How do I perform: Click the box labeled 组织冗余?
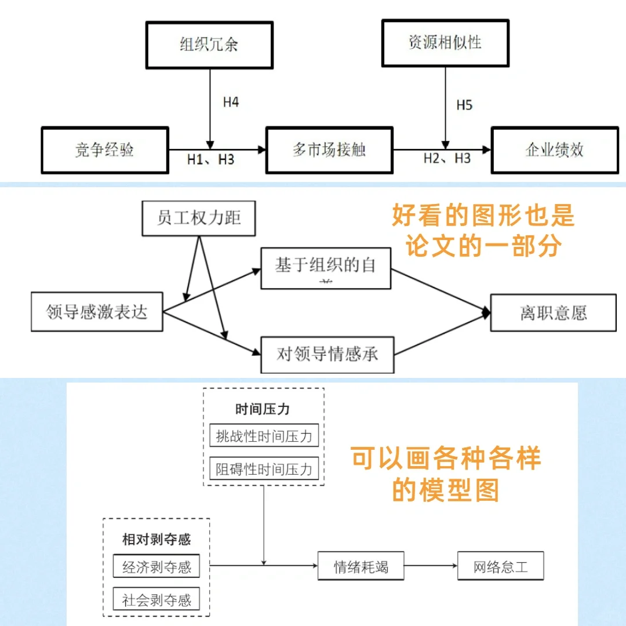coord(209,45)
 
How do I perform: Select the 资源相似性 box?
coord(445,43)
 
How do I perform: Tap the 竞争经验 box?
coord(105,150)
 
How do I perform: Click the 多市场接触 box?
coord(329,150)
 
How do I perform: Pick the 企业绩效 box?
coord(554,150)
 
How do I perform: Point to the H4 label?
coord(231,103)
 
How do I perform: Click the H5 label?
coord(464,105)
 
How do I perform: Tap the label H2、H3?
coord(446,159)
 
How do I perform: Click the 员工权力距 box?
coord(199,219)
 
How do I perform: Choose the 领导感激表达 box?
coord(97,313)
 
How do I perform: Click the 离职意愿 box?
coord(553,313)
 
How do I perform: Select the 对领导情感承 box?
coord(327,354)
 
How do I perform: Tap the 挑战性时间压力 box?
coord(264,436)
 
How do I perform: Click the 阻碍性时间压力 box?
coord(264,468)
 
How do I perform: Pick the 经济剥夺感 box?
coord(156,567)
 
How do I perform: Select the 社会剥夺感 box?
coord(156,599)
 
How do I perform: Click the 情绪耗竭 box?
coord(361,566)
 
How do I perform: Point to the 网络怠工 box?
coord(501,566)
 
